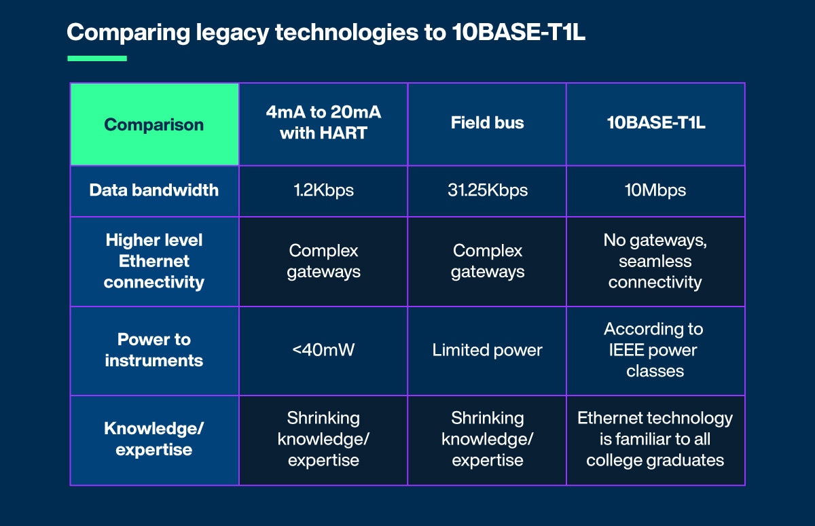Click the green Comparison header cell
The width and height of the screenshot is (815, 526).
154,124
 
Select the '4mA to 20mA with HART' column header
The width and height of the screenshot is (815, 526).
323,123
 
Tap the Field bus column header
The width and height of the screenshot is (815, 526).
487,123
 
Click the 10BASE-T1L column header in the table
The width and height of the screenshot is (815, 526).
655,123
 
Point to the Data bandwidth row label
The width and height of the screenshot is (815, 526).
154,190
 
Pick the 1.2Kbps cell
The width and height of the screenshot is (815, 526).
323,190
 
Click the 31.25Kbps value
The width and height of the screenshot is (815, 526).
487,190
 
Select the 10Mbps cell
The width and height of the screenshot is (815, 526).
655,190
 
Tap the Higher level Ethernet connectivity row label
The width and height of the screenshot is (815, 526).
154,261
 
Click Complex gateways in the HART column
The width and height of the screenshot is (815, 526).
323,261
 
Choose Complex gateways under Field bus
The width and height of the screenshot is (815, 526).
487,261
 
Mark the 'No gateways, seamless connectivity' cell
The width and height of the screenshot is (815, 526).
655,261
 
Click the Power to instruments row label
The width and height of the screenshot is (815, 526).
154,350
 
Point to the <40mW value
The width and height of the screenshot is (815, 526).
323,350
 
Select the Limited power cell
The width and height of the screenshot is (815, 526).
487,350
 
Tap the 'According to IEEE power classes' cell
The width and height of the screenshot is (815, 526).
655,350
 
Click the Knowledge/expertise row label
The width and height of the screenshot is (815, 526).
154,439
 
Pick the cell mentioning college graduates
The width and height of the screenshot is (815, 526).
655,439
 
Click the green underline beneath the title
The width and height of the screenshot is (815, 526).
97,58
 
